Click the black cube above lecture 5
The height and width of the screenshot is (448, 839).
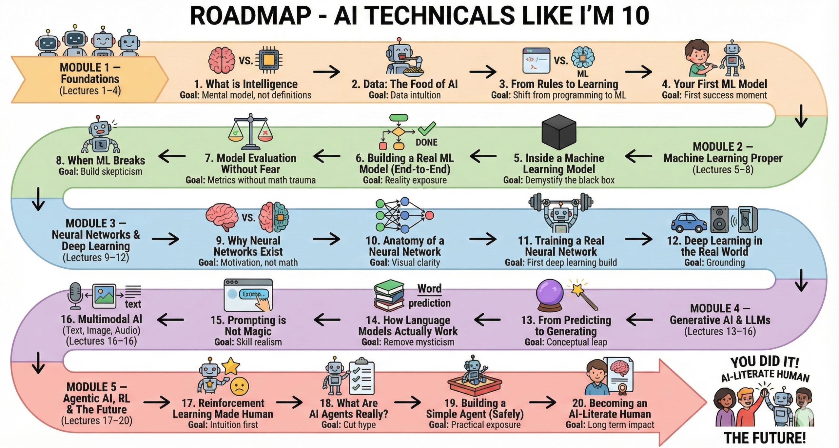click(559, 133)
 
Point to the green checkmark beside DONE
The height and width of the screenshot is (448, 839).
click(427, 128)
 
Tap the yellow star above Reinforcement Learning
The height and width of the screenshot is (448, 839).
click(231, 366)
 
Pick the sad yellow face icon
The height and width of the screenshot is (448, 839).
click(240, 386)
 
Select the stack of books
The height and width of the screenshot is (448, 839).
click(389, 295)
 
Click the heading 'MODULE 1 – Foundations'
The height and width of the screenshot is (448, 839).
click(90, 73)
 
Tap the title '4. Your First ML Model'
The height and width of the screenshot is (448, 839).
click(714, 84)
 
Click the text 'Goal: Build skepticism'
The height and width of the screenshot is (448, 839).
click(100, 171)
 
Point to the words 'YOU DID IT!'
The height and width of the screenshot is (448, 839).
click(765, 362)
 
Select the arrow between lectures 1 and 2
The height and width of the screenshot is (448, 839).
click(326, 72)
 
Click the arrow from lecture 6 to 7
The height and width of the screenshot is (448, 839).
click(327, 156)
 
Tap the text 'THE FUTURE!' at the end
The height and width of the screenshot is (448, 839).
click(765, 438)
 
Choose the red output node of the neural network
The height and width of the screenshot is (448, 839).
click(429, 215)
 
